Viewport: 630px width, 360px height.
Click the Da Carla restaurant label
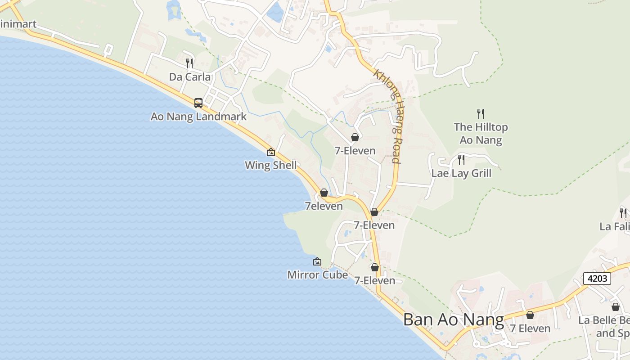pyautogui.click(x=189, y=77)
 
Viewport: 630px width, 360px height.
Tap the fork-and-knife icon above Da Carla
pyautogui.click(x=189, y=63)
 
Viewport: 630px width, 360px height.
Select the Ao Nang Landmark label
pyautogui.click(x=198, y=117)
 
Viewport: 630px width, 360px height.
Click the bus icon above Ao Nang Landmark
pyautogui.click(x=198, y=103)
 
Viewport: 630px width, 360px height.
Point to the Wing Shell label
pyautogui.click(x=270, y=165)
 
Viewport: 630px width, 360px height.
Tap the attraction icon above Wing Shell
pyautogui.click(x=271, y=152)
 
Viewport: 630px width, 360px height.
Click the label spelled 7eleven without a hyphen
pyautogui.click(x=324, y=206)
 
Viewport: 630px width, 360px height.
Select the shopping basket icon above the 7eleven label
pyautogui.click(x=324, y=193)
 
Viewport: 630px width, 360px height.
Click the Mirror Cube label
pyautogui.click(x=317, y=274)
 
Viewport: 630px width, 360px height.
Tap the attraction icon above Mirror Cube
pyautogui.click(x=317, y=261)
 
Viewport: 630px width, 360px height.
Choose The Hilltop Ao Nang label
pyautogui.click(x=481, y=134)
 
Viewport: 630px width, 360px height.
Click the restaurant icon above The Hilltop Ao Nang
pyautogui.click(x=481, y=113)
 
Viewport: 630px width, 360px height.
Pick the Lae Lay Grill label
pyautogui.click(x=461, y=173)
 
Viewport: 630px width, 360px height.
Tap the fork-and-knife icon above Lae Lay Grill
pyautogui.click(x=461, y=159)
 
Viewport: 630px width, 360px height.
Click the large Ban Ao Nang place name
pyautogui.click(x=453, y=319)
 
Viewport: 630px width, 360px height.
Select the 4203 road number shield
pyautogui.click(x=598, y=279)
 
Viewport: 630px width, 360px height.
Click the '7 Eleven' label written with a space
pyautogui.click(x=530, y=328)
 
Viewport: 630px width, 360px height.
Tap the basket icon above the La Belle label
pyautogui.click(x=616, y=307)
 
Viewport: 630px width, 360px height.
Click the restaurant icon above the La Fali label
pyautogui.click(x=623, y=212)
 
